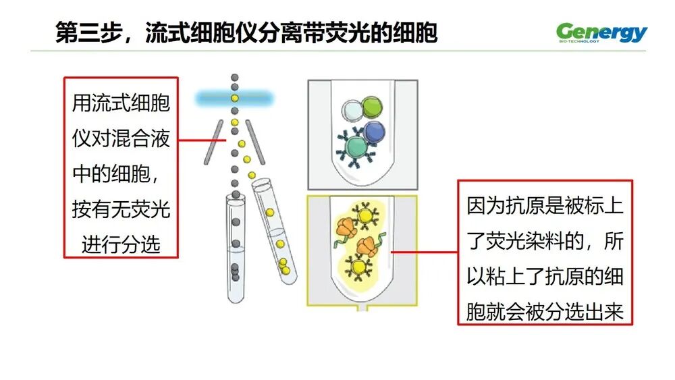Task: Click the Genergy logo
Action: pyautogui.click(x=601, y=32)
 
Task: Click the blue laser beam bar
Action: pyautogui.click(x=235, y=99)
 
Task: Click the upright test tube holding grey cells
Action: pyautogui.click(x=236, y=250)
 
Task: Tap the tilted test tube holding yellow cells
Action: pyautogui.click(x=274, y=229)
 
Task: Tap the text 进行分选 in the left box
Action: pyautogui.click(x=121, y=244)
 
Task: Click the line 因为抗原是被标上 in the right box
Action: pyautogui.click(x=545, y=206)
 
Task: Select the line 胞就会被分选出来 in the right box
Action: pyautogui.click(x=545, y=312)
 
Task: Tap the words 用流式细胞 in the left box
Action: pyautogui.click(x=121, y=104)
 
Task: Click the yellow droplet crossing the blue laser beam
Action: pyautogui.click(x=235, y=99)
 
